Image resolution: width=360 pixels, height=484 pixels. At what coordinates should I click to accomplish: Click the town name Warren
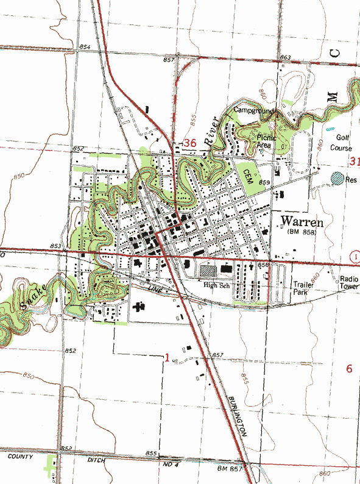click(302, 220)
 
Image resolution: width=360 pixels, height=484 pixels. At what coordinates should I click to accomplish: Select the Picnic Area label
click(267, 141)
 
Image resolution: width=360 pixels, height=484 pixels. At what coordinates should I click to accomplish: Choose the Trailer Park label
click(303, 288)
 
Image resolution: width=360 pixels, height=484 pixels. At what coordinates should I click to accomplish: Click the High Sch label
click(218, 285)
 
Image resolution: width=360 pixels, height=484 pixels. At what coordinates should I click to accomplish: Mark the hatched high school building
click(208, 269)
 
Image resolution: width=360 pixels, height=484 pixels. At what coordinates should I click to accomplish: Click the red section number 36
click(189, 143)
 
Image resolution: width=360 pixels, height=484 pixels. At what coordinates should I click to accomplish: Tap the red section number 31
click(355, 161)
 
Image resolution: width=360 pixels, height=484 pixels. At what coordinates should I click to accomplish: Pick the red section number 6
click(349, 368)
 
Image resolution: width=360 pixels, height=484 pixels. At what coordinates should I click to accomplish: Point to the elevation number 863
click(285, 57)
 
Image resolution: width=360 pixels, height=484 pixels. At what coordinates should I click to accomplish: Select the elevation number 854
click(85, 48)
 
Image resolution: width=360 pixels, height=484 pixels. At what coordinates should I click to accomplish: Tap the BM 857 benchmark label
click(230, 468)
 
